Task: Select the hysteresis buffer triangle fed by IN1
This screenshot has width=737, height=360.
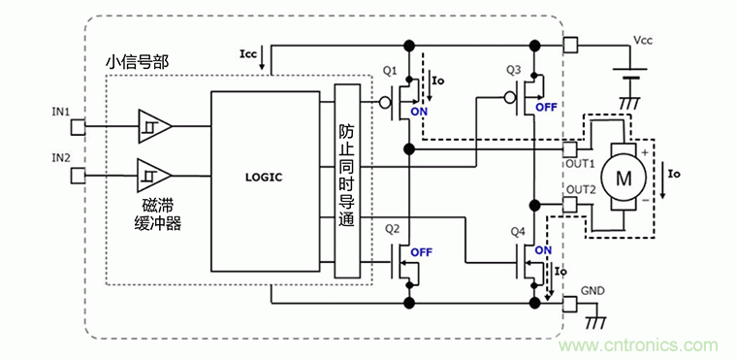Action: (155, 126)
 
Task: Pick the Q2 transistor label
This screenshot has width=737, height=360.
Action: (392, 230)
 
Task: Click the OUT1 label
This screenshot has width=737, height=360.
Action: (579, 164)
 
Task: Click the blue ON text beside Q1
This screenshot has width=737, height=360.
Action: (419, 112)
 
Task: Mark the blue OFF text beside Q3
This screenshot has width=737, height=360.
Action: (546, 107)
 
